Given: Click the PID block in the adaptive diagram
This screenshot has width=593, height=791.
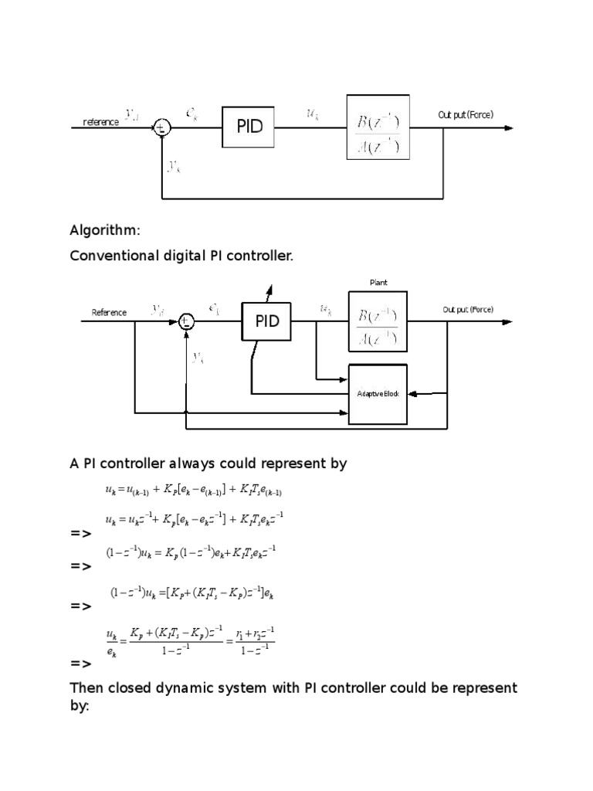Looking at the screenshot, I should click(x=267, y=320).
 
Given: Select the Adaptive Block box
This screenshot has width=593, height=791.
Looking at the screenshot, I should click(x=378, y=393).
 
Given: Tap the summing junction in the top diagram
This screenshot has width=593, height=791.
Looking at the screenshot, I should click(x=161, y=128).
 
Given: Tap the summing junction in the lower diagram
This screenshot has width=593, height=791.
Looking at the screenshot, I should click(x=185, y=321).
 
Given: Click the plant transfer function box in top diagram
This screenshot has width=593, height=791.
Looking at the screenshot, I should click(x=378, y=127).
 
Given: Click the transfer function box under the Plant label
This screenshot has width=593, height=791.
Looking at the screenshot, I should click(x=378, y=321).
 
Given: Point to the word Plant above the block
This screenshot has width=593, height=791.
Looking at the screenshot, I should click(x=378, y=283).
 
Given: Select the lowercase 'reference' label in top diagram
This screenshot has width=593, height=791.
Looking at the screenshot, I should click(x=101, y=122).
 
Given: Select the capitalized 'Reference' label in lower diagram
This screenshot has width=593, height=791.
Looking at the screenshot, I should click(x=109, y=312).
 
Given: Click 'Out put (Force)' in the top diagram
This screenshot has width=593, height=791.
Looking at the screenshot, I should click(x=466, y=115).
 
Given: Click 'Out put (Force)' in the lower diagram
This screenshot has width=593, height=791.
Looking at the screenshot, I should click(x=467, y=310).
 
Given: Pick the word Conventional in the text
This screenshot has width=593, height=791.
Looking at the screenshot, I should click(x=111, y=256).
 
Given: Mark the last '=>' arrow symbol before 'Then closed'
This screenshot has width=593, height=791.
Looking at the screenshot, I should click(x=80, y=664).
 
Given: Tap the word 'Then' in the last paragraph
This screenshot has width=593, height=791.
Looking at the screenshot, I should click(x=87, y=687).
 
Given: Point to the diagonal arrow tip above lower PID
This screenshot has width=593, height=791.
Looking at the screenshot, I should click(x=270, y=288).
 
